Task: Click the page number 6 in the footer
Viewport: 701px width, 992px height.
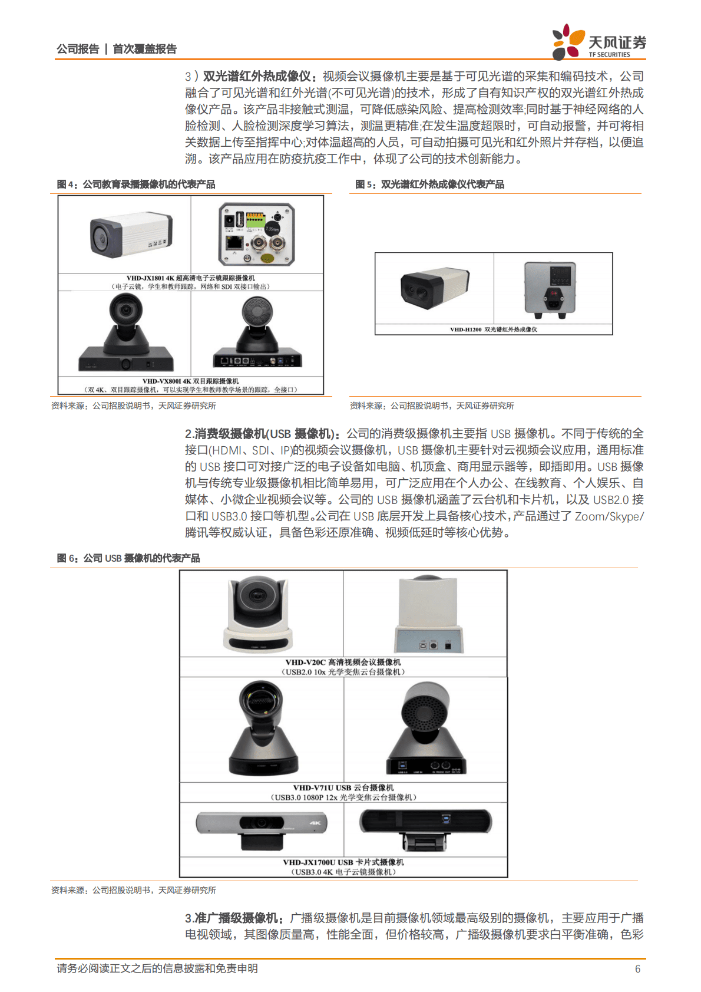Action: (637, 969)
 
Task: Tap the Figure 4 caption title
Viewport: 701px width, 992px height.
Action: (136, 184)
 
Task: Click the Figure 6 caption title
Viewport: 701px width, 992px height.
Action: (128, 558)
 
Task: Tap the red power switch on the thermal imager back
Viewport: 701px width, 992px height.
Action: (553, 293)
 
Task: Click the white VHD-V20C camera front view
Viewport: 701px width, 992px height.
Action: (259, 613)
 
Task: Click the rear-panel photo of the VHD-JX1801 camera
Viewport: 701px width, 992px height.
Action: (257, 235)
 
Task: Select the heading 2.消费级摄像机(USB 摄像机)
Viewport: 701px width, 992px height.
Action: (262, 434)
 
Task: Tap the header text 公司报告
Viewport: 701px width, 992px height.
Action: (78, 49)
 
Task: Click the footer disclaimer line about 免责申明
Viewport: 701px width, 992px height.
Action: (157, 969)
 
